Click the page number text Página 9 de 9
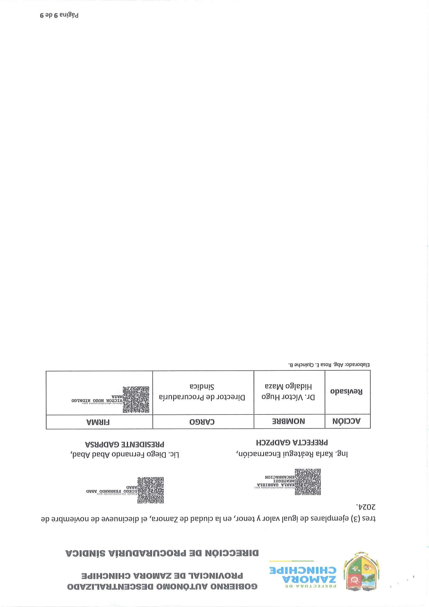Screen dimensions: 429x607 click(x=59, y=15)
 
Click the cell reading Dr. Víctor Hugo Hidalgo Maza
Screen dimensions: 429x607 click(x=289, y=391)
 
